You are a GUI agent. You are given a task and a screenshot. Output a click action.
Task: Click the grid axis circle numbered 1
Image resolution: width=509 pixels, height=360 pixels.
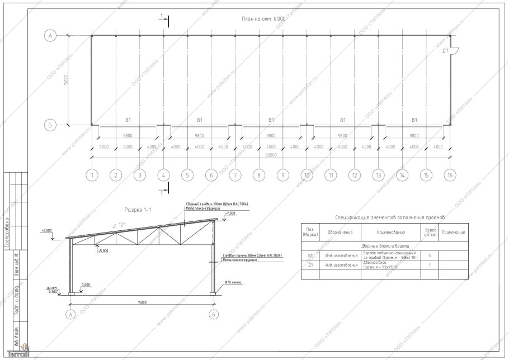coord(92,175)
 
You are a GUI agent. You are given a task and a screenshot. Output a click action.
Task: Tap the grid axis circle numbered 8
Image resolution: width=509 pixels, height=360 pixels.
coord(259,175)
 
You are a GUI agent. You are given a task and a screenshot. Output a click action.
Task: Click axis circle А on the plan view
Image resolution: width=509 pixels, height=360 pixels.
coord(50,36)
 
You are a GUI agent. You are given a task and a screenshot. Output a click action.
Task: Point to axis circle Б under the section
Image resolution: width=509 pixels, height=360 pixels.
coord(214,315)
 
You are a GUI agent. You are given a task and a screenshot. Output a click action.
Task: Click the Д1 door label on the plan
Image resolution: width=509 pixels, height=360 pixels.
coord(446,50)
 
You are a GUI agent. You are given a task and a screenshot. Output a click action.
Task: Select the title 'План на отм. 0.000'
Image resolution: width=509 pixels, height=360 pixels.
coord(263,18)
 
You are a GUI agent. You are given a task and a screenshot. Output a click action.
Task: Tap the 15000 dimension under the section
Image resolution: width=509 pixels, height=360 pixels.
coord(142,302)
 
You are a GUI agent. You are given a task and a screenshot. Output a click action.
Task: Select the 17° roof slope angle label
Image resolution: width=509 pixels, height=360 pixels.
coord(120,225)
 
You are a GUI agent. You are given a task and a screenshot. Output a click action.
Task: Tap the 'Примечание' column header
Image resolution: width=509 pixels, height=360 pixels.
coord(453,232)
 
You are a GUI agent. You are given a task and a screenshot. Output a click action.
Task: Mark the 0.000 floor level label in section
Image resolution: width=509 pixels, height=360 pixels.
coord(86,285)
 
